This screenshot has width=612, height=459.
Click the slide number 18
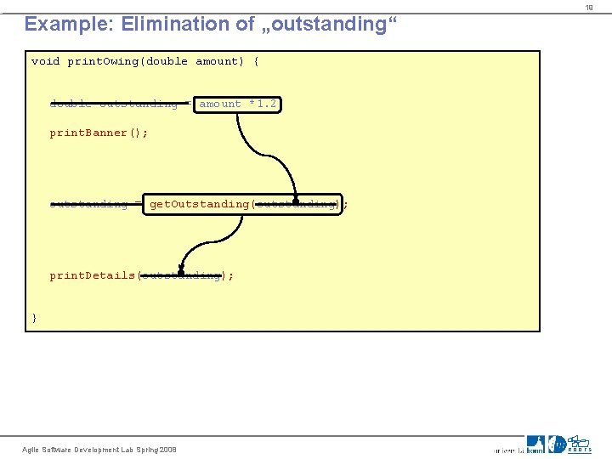587,8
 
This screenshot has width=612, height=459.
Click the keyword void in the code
45,62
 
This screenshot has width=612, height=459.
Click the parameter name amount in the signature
217,62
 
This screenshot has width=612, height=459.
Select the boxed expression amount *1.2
237,105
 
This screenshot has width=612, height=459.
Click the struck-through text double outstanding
114,105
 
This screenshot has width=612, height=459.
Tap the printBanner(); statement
99,133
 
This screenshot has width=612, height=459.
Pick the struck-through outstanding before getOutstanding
88,204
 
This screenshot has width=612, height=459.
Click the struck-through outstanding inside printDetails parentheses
181,275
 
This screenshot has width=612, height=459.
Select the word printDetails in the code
92,275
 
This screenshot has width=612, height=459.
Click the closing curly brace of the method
35,318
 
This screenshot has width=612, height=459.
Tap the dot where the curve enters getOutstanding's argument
295,203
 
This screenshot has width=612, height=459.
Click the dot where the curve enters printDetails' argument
181,273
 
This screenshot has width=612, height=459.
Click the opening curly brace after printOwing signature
256,62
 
